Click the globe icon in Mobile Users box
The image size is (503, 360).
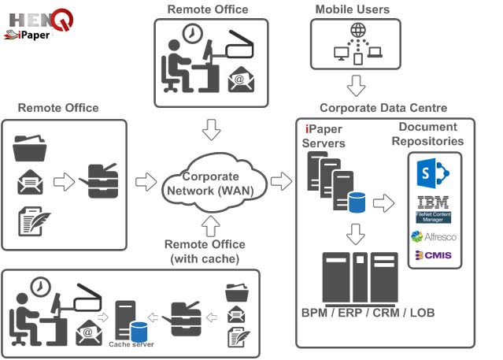[358, 31]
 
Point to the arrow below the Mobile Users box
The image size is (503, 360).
[358, 84]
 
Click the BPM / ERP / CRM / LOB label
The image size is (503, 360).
[368, 313]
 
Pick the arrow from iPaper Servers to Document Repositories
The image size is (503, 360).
[383, 204]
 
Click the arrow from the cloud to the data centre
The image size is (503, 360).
[281, 183]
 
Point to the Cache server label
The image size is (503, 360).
[131, 344]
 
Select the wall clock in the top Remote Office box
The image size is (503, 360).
[190, 35]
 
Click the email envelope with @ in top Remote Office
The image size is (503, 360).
[240, 80]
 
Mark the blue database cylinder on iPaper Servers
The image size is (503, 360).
[359, 204]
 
